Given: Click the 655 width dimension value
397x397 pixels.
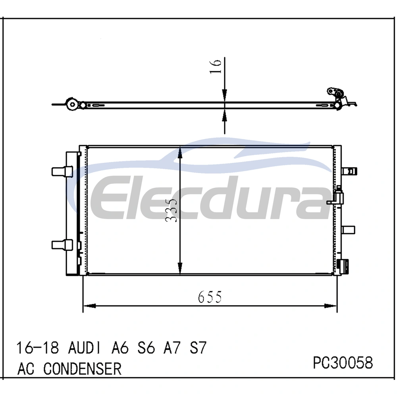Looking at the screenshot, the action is tap(210, 297).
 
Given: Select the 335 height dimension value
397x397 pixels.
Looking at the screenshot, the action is tap(171, 210).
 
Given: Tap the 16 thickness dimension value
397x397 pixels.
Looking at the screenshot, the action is tap(216, 66).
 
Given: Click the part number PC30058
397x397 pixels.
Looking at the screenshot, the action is tap(343, 362).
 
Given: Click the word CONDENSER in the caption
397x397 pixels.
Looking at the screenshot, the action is tap(82, 369).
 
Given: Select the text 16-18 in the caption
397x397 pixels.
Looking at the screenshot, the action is tap(38, 348).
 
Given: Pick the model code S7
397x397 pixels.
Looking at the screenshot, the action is tap(198, 348).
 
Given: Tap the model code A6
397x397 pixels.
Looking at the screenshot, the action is tap(120, 348).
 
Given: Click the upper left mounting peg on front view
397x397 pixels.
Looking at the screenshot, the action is tap(62, 171).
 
